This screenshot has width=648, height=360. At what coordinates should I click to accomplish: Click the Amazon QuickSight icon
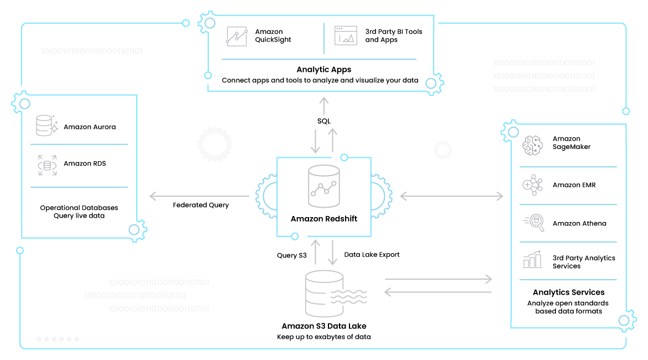coord(236,35)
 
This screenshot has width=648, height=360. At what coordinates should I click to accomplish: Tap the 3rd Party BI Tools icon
coord(346,35)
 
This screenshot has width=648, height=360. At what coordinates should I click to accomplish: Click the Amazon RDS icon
coord(47,165)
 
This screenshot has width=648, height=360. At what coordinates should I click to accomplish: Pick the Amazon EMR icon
coord(532,185)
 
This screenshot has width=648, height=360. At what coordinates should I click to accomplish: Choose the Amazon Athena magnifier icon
coord(532,223)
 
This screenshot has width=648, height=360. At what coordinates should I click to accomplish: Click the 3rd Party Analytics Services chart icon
coord(532,259)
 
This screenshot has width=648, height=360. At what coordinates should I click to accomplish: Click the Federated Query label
coord(200,205)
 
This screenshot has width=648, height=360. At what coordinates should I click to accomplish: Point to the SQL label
coord(323,121)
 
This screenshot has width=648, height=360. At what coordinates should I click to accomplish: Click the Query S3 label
coord(291,255)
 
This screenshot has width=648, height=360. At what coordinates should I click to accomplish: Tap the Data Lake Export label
coord(372,255)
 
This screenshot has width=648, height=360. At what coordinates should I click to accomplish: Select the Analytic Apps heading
coord(324,70)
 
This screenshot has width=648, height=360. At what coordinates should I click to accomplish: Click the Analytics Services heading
coord(568,292)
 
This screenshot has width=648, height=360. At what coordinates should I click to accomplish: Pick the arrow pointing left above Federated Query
coord(199,196)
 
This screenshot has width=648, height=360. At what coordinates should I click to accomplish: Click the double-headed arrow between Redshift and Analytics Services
coord(452,196)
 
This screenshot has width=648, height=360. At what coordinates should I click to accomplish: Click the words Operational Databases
coord(79,208)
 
